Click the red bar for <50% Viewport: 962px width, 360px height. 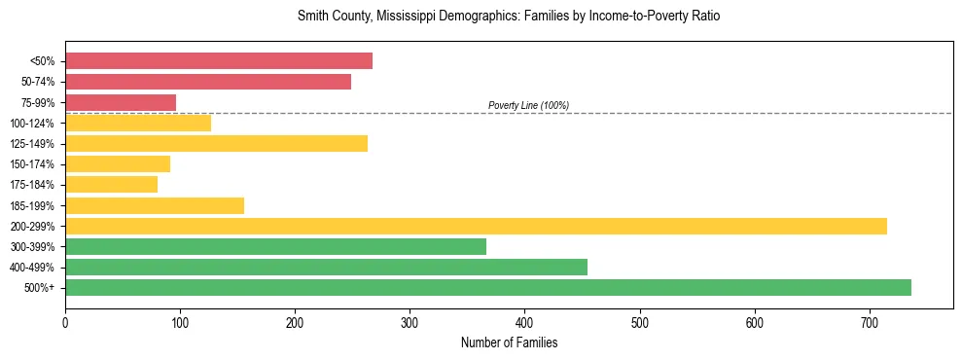(219, 61)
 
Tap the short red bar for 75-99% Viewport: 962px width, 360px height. (121, 102)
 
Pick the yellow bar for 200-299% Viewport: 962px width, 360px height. (476, 226)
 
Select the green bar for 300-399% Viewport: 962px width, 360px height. (275, 246)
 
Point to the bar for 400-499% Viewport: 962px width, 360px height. (326, 267)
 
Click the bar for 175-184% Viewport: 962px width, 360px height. (111, 184)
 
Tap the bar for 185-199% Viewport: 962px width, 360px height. (155, 205)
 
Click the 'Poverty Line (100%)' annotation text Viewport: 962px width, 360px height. (528, 105)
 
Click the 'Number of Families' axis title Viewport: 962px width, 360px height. (509, 342)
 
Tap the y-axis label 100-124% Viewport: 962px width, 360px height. (32, 124)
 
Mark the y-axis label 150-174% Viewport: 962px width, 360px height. (32, 164)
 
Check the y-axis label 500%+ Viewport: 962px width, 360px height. (40, 288)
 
